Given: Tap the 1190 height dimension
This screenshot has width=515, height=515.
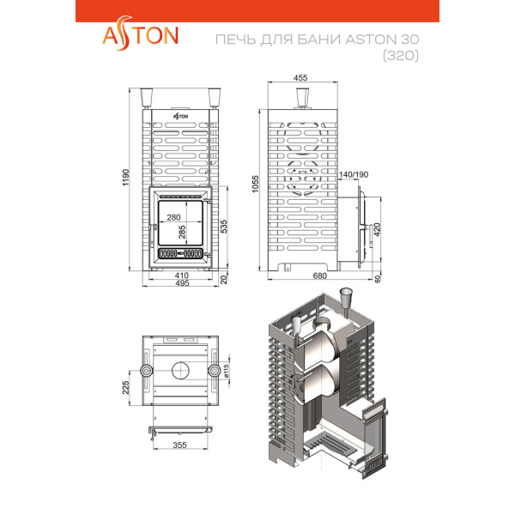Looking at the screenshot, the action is click(126, 178).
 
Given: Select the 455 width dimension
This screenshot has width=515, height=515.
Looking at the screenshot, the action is click(300, 78).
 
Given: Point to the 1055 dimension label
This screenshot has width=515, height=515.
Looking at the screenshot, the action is click(255, 184).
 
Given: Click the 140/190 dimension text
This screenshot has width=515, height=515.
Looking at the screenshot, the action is click(354, 174).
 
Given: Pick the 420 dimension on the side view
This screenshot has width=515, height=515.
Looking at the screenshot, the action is click(377, 229).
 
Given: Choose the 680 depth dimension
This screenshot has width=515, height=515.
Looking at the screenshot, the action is click(319, 276).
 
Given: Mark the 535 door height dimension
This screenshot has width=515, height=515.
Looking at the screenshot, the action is click(223, 227).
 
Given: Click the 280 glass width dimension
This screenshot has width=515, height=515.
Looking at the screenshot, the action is click(173, 217).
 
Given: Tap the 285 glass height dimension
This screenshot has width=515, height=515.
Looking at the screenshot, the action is click(182, 232).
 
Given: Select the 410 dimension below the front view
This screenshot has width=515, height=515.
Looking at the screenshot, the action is click(182, 276).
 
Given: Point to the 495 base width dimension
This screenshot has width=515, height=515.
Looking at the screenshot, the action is click(182, 283).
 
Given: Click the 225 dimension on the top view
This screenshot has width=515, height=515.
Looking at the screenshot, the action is click(126, 388).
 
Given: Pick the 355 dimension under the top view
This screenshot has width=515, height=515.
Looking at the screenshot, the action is click(179, 445).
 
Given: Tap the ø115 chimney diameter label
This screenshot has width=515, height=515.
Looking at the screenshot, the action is click(227, 371).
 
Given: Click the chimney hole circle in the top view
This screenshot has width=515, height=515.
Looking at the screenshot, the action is click(180, 371).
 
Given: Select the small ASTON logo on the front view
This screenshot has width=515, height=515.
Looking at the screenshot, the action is click(180, 116).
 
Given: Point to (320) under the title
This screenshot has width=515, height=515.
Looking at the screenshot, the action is click(401, 56).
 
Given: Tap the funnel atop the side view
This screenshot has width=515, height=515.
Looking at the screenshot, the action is click(302, 98).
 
